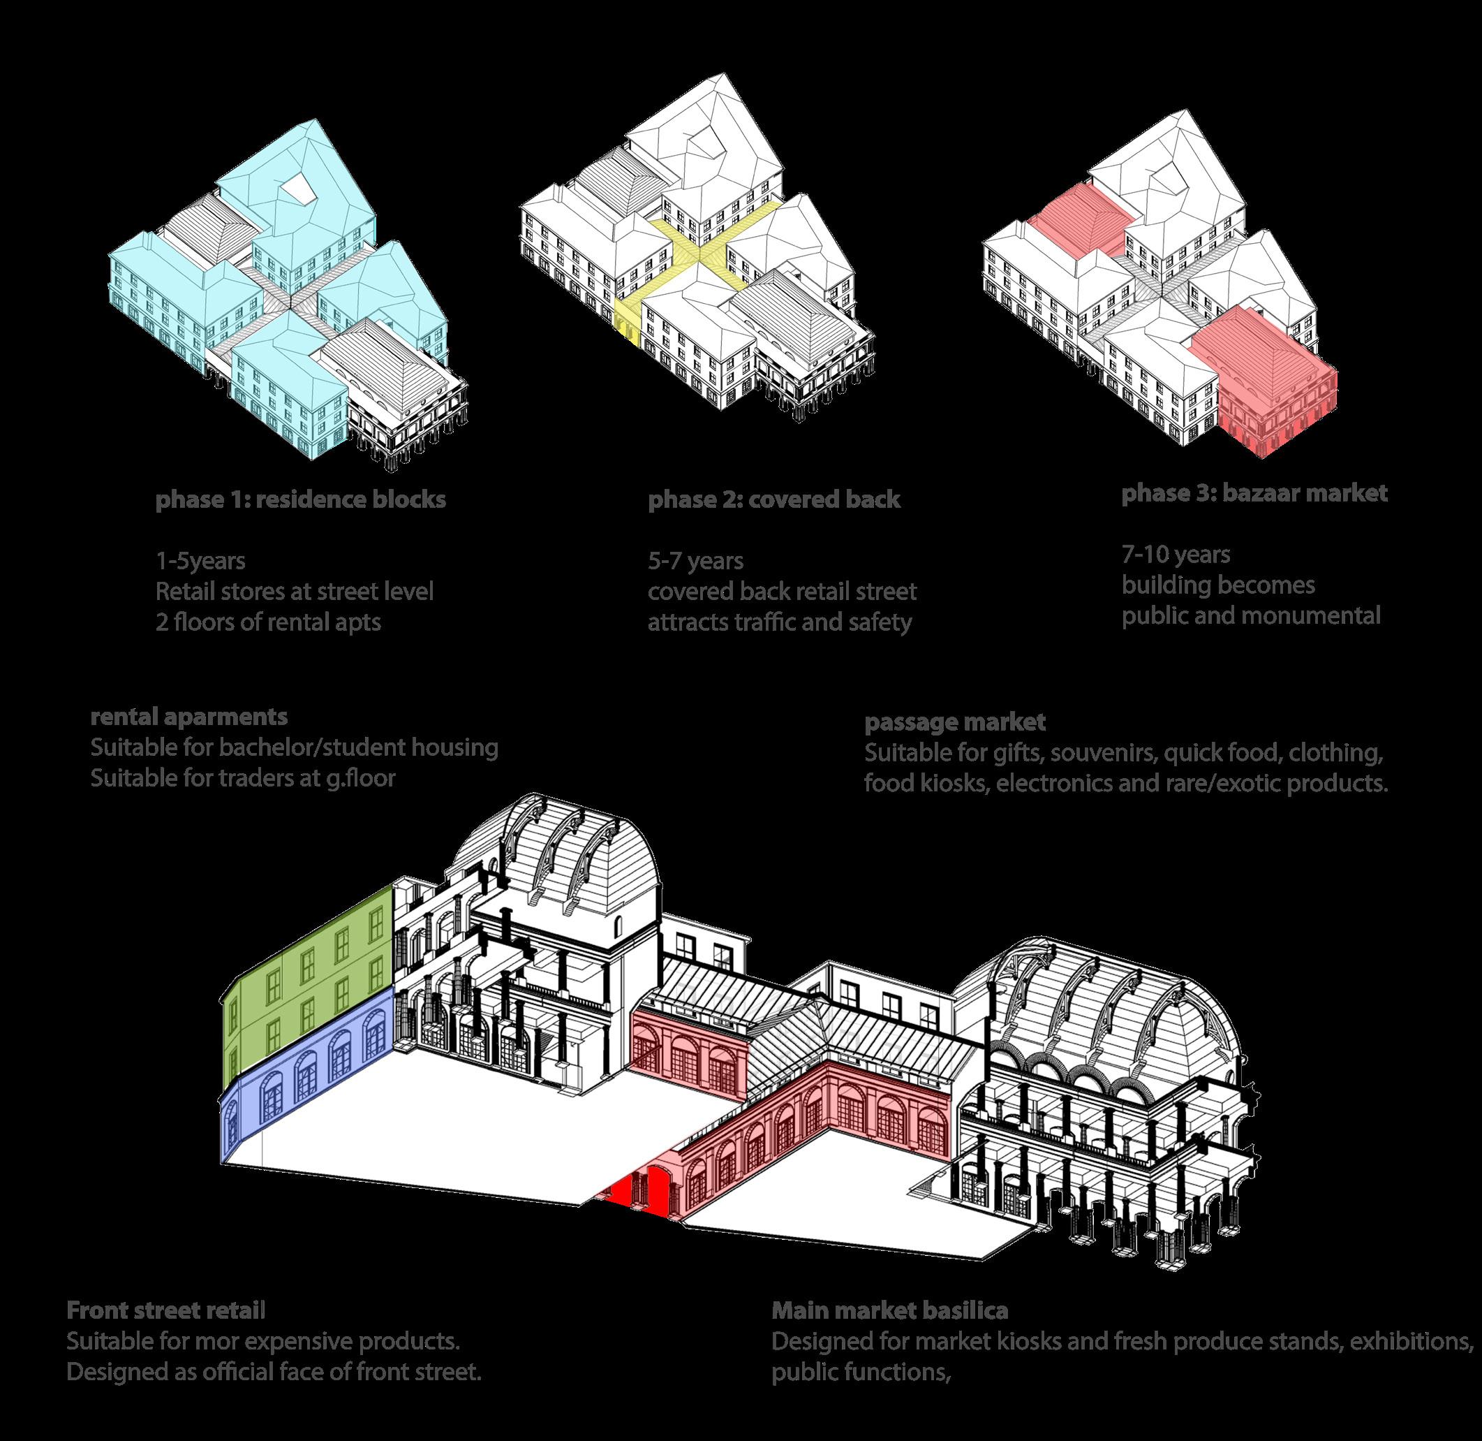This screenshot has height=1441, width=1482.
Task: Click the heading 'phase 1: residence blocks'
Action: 300,500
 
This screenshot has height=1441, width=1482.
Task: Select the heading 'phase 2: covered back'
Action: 774,500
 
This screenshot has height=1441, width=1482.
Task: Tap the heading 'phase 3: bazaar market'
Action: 1254,493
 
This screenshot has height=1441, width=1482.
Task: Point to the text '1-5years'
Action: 200,561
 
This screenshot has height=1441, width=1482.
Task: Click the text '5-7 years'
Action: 695,561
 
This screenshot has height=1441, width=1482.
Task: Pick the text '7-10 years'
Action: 1176,555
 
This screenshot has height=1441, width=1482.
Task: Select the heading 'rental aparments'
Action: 189,716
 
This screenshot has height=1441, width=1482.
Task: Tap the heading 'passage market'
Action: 956,722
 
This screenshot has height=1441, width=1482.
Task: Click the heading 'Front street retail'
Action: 165,1310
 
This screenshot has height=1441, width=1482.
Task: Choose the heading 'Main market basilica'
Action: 889,1310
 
